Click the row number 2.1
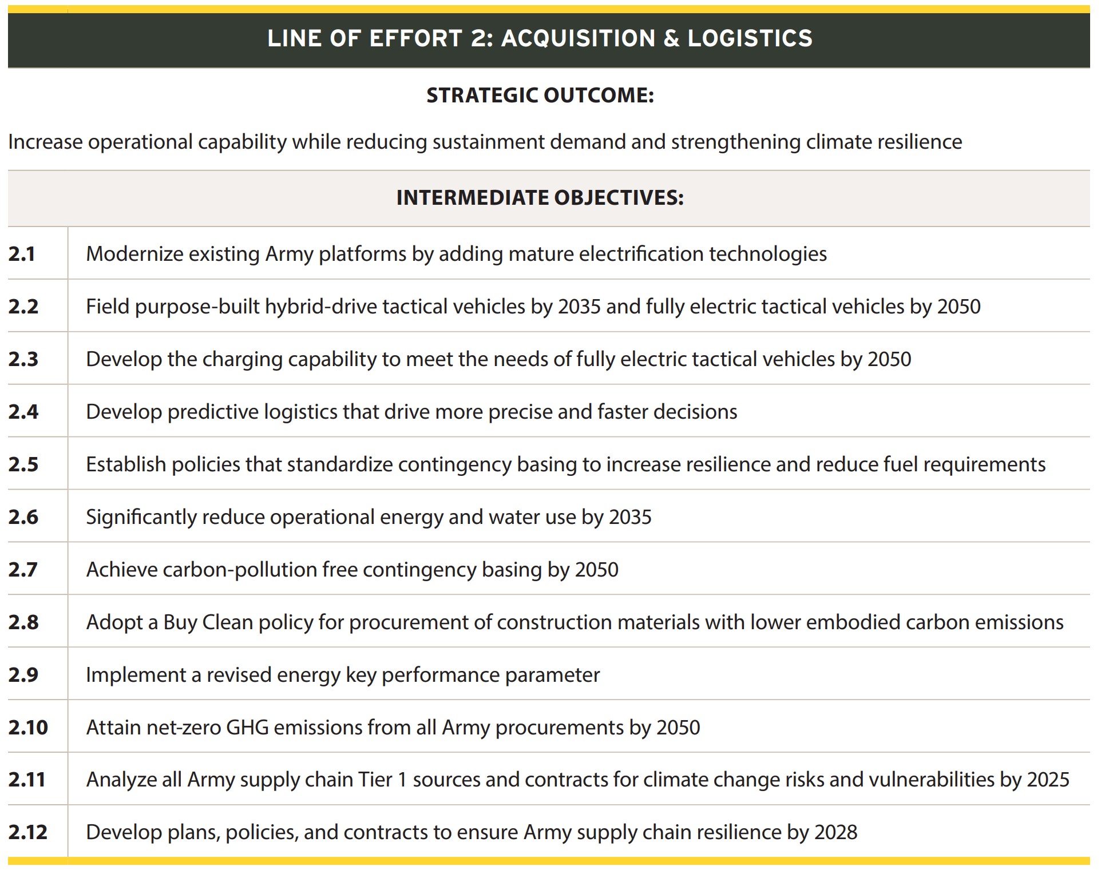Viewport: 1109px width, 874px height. [x=22, y=253]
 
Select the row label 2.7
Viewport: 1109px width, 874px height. [x=23, y=569]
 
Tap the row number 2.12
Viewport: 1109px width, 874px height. [x=27, y=832]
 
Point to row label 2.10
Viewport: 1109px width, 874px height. [x=27, y=727]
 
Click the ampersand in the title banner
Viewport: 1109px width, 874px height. [x=671, y=38]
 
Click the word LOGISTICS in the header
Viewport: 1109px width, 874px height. [x=750, y=38]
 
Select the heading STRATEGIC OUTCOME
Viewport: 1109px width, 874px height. [x=540, y=95]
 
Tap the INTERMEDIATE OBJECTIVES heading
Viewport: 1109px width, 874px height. [x=540, y=197]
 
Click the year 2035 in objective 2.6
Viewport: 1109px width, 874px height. [x=630, y=517]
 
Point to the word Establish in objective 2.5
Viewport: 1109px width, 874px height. [x=126, y=464]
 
